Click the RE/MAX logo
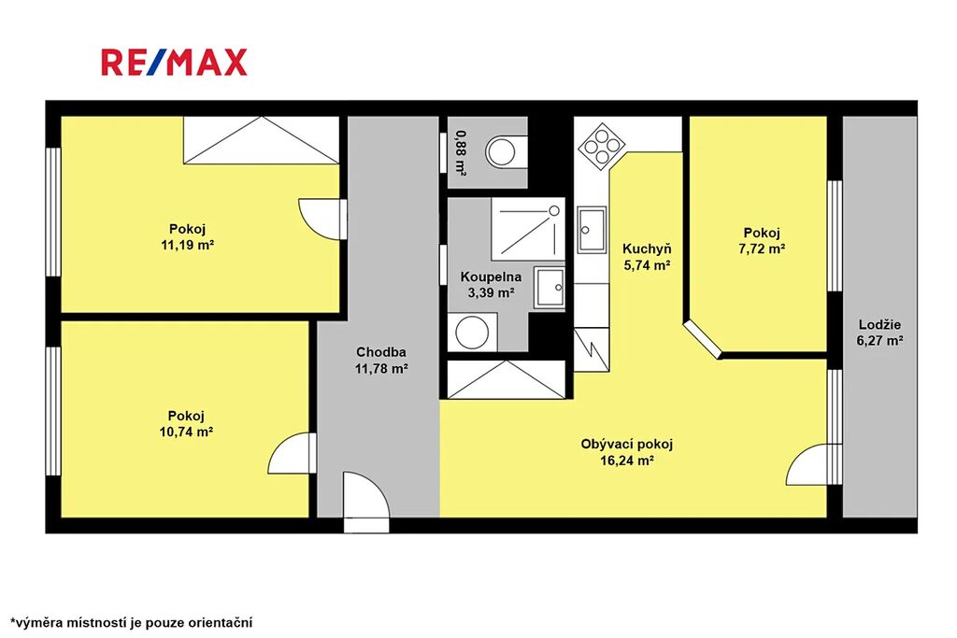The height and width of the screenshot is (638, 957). (x=174, y=63)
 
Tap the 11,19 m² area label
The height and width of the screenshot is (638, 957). (x=187, y=245)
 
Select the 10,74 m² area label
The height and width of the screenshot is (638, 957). (x=186, y=432)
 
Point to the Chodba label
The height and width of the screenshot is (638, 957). (x=381, y=352)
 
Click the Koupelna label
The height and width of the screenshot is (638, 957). (x=491, y=276)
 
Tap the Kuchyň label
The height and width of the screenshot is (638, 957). (x=647, y=248)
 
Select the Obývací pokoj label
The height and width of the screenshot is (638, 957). (x=627, y=444)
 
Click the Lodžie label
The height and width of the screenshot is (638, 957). (x=879, y=324)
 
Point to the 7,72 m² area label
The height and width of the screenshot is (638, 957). (x=762, y=248)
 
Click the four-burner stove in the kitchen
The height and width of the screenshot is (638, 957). (x=603, y=145)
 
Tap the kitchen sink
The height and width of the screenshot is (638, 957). (x=592, y=230)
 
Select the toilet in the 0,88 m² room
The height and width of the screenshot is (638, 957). (x=506, y=150)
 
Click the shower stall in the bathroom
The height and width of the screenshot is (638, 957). (x=528, y=229)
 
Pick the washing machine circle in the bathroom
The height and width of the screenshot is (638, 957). (x=472, y=333)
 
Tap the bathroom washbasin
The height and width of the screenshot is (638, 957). (x=550, y=288)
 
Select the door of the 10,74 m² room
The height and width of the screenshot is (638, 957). (x=292, y=453)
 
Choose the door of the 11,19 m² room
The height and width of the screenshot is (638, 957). (x=322, y=219)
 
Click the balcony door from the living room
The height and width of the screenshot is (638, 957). (x=814, y=465)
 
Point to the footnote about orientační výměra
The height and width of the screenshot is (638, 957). (x=131, y=623)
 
